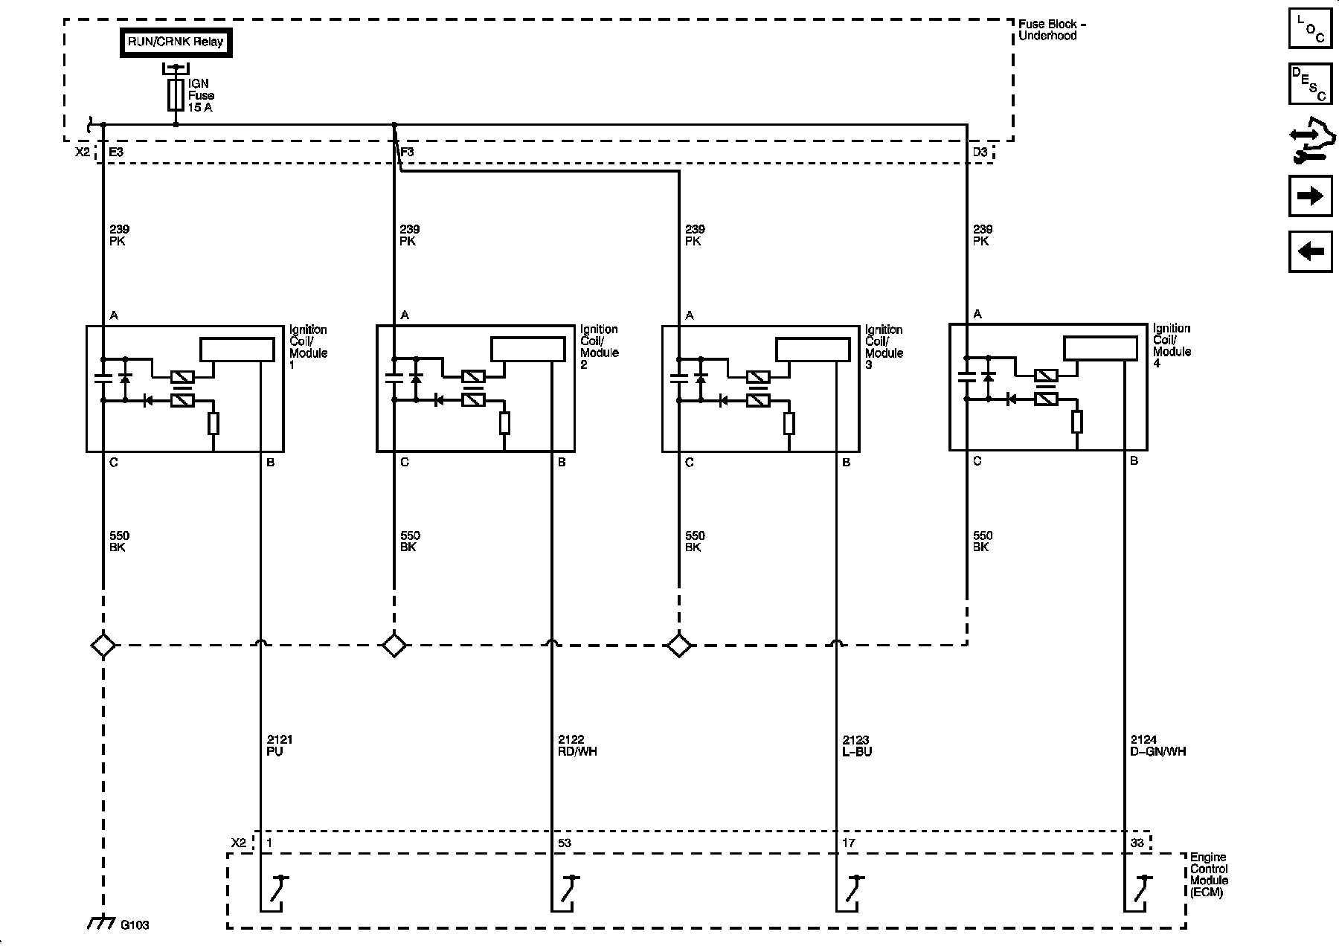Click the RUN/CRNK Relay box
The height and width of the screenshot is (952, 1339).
[176, 42]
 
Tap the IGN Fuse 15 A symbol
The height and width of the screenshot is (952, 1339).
[176, 96]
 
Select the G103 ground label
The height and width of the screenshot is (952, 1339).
[135, 925]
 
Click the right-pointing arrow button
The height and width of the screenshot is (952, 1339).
[1310, 196]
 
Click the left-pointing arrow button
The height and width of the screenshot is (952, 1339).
[1310, 251]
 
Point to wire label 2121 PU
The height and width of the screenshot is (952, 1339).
[279, 745]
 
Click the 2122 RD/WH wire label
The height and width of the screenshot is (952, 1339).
[577, 745]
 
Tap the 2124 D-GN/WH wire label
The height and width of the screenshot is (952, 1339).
[1157, 745]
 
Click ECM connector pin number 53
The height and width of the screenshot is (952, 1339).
[565, 843]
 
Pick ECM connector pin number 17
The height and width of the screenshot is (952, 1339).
[849, 843]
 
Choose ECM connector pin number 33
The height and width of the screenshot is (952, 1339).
[1137, 843]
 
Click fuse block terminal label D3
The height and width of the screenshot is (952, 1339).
[980, 152]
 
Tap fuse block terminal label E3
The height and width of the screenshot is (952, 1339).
[116, 152]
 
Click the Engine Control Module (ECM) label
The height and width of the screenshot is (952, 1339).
[1209, 875]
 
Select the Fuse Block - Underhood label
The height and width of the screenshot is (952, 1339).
[1051, 30]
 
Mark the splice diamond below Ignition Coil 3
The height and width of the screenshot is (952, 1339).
[678, 645]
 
